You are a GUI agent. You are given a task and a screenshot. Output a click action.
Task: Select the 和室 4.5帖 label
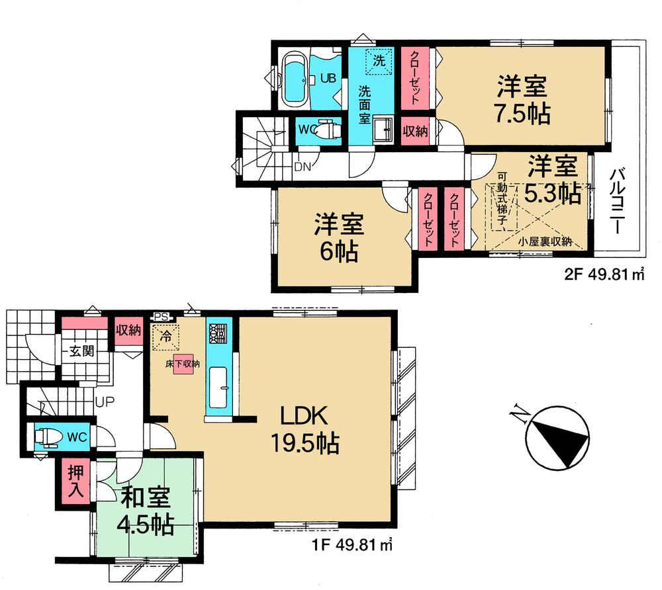(147, 511)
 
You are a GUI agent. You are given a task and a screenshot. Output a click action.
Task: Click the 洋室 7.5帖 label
(523, 100)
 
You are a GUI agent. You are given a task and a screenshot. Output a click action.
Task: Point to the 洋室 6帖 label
(338, 238)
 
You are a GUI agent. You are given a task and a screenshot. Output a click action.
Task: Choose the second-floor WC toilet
(326, 130)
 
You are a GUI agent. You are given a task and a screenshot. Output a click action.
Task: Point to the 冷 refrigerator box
(166, 336)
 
